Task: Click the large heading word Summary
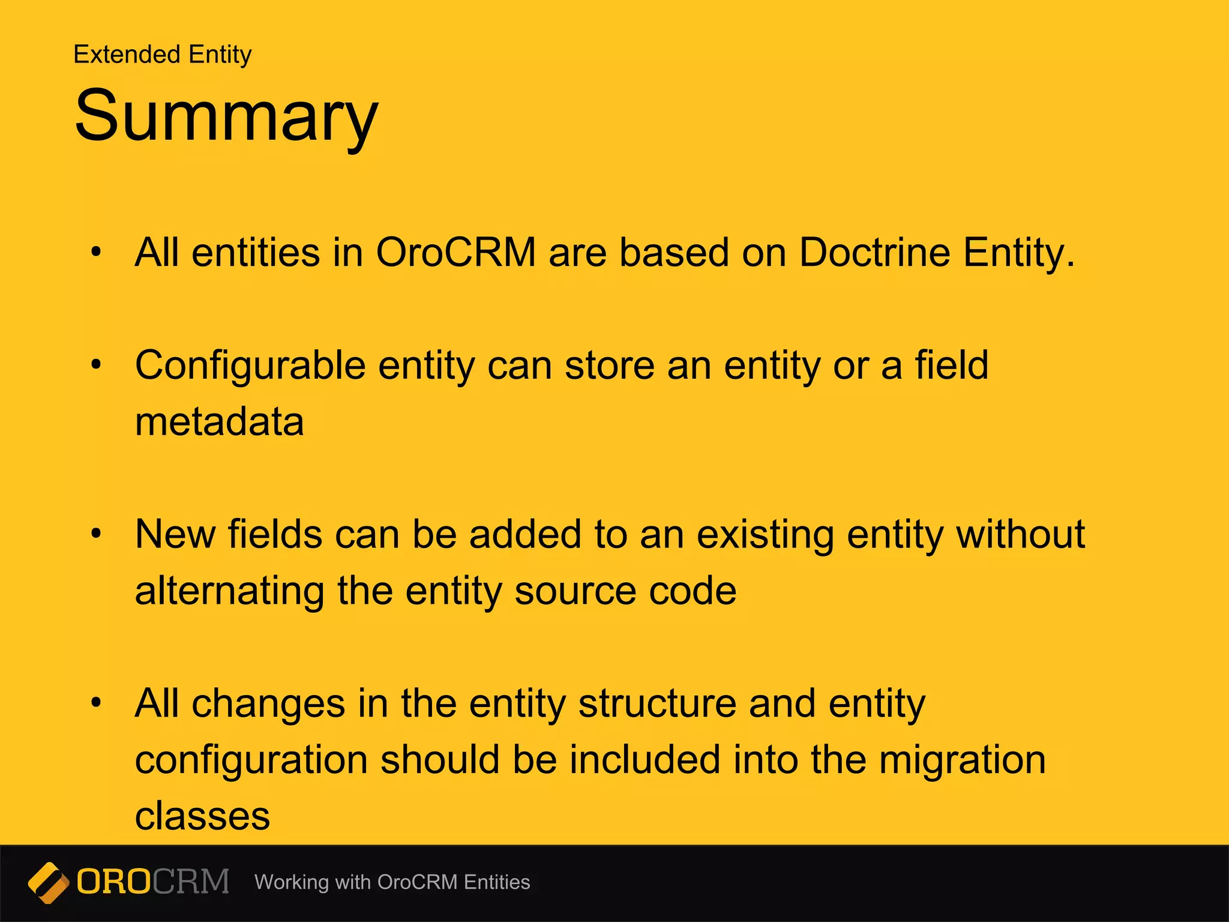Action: [226, 115]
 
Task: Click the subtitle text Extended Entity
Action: [162, 55]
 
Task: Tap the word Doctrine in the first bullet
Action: [874, 252]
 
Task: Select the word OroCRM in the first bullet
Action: [455, 252]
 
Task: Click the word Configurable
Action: [250, 366]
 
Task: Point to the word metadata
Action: [219, 422]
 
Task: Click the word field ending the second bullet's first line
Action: [951, 365]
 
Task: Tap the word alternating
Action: [229, 591]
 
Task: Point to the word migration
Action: [963, 760]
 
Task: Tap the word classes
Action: [202, 816]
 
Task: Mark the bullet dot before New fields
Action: [96, 534]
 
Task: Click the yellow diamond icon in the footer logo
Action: [49, 882]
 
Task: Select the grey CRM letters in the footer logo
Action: [191, 882]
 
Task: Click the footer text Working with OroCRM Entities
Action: [392, 882]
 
